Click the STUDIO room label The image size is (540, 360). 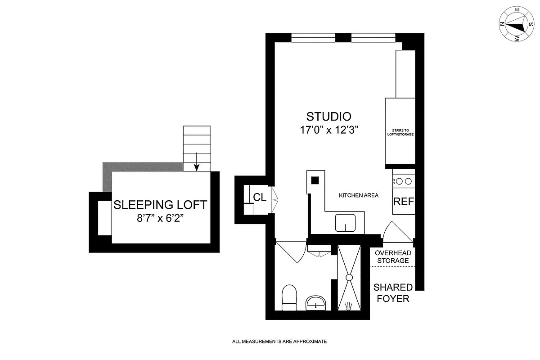pyautogui.click(x=328, y=117)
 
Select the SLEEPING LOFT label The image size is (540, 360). pyautogui.click(x=160, y=205)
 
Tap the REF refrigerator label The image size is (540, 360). pyautogui.click(x=403, y=202)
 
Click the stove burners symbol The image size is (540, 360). pyautogui.click(x=403, y=181)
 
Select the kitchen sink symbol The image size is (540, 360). pyautogui.click(x=346, y=222)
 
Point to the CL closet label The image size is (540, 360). pyautogui.click(x=259, y=197)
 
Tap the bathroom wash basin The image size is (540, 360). pyautogui.click(x=317, y=303)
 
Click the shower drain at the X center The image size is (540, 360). pyautogui.click(x=350, y=278)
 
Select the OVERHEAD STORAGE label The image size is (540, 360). pyautogui.click(x=392, y=256)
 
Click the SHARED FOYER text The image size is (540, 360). pyautogui.click(x=393, y=292)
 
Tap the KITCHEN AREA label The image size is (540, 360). pyautogui.click(x=358, y=195)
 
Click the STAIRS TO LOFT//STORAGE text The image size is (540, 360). pyautogui.click(x=400, y=132)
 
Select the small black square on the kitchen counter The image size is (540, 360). pyautogui.click(x=315, y=180)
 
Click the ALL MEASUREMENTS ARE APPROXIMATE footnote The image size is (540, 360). pyautogui.click(x=279, y=342)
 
